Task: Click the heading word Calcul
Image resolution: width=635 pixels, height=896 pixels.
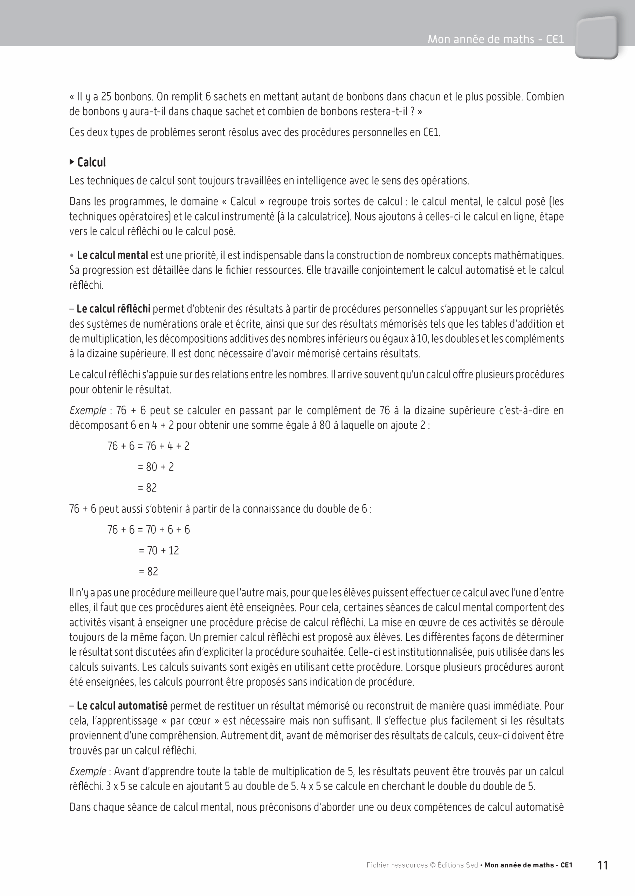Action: [91, 162]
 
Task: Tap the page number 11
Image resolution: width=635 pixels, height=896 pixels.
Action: [602, 865]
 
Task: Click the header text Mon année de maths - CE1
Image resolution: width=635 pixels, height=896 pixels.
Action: [495, 39]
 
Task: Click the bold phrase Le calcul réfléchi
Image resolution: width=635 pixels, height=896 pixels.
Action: [113, 309]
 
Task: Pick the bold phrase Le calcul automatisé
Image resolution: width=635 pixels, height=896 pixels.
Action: [122, 706]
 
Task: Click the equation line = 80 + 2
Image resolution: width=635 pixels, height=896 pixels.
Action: [156, 467]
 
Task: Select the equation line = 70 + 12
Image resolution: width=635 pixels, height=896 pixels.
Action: [159, 551]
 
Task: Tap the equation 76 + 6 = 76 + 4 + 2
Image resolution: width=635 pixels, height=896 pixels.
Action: [148, 446]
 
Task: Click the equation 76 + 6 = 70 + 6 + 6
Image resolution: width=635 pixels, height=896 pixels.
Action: [149, 530]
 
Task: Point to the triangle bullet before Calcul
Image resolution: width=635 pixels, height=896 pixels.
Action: [71, 162]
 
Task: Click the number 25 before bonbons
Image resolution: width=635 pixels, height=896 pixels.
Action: [106, 97]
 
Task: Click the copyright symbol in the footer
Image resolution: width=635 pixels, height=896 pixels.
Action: [433, 866]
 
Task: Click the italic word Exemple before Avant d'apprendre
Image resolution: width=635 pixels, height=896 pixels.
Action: [88, 772]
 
